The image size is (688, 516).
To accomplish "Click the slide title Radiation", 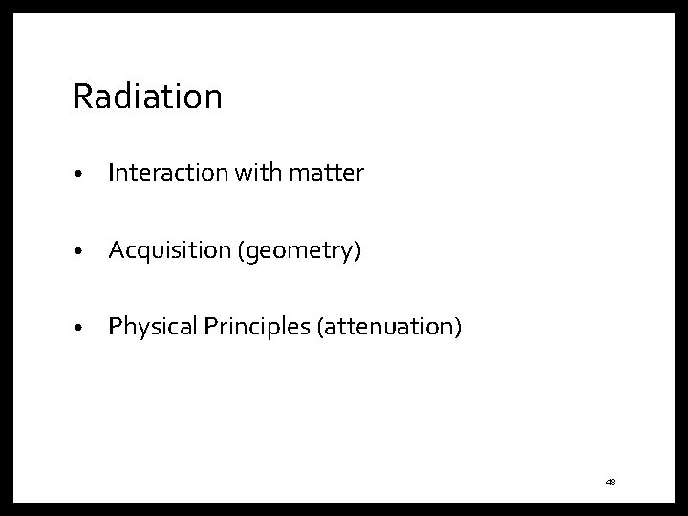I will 147,97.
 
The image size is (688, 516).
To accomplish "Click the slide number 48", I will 611,483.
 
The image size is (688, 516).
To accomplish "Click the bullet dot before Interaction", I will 85,175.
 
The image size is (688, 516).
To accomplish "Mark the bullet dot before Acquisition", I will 85,252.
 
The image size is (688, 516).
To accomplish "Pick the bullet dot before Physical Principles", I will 85,330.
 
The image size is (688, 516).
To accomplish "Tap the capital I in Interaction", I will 112,173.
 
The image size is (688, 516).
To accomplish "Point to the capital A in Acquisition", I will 117,250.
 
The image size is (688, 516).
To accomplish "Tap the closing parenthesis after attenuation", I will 458,329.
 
